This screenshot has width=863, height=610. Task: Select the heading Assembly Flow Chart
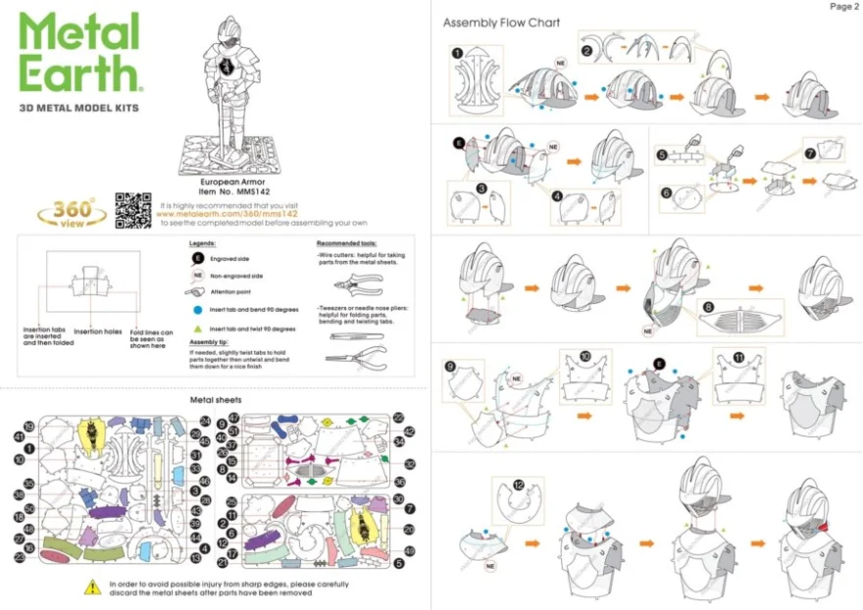pyautogui.click(x=501, y=23)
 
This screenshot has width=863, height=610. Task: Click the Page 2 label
pyautogui.click(x=842, y=7)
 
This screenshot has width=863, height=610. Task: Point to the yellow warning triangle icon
pyautogui.click(x=92, y=587)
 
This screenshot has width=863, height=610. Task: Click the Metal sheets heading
pyautogui.click(x=215, y=400)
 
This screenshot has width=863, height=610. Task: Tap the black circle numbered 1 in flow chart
pyautogui.click(x=457, y=53)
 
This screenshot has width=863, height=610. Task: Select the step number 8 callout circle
pyautogui.click(x=707, y=308)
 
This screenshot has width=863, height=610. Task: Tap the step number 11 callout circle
pyautogui.click(x=737, y=357)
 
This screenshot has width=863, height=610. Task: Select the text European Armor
pyautogui.click(x=227, y=181)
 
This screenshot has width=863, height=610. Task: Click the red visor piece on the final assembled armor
pyautogui.click(x=821, y=530)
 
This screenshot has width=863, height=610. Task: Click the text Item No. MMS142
pyautogui.click(x=227, y=191)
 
